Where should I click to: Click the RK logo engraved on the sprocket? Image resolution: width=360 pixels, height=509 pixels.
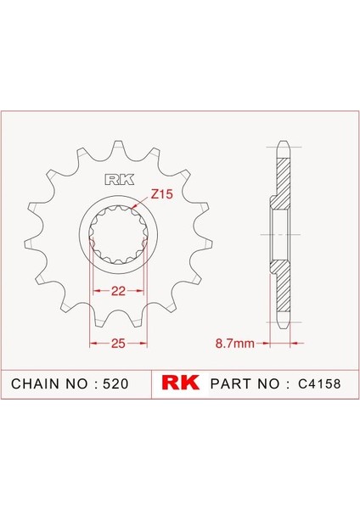[115, 179]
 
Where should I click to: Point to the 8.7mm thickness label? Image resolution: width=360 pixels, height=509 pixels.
[233, 344]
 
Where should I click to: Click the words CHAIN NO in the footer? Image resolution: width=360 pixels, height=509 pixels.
[46, 384]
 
